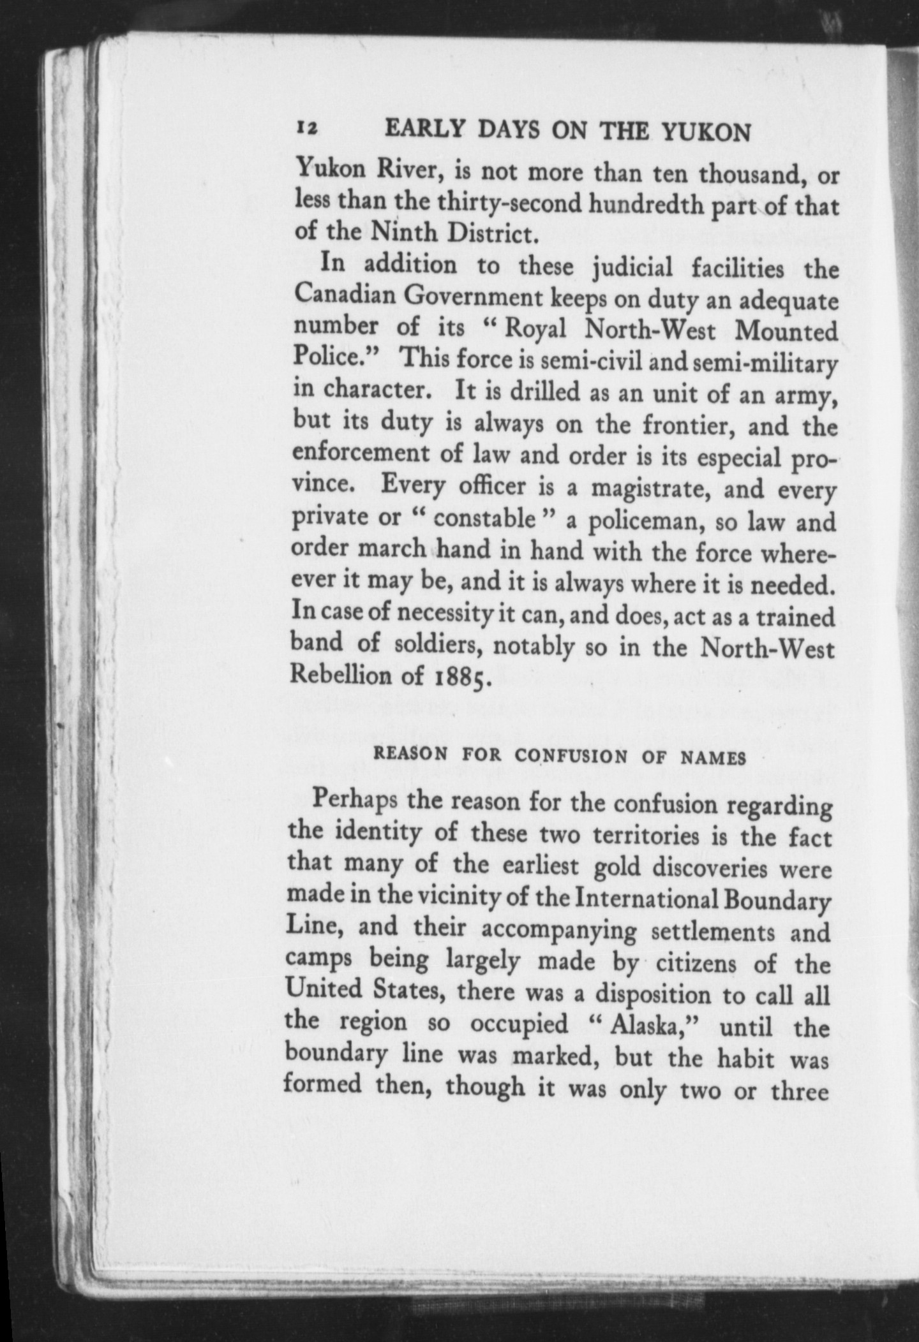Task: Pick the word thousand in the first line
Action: click(751, 173)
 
